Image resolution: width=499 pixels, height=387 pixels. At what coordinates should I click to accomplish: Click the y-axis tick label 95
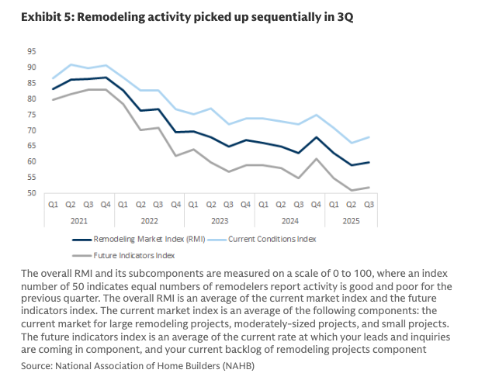(53, 51)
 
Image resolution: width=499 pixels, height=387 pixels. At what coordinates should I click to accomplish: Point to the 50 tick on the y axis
(53, 193)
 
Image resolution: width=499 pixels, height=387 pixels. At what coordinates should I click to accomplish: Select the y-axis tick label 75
(53, 115)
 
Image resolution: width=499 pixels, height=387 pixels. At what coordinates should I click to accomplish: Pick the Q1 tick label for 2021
(53, 205)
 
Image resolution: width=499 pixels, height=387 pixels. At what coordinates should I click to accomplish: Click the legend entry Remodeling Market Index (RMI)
(148, 240)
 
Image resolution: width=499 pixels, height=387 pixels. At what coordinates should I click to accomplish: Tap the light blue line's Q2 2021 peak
(71, 64)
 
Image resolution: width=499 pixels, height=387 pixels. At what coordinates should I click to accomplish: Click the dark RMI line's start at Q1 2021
(53, 89)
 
